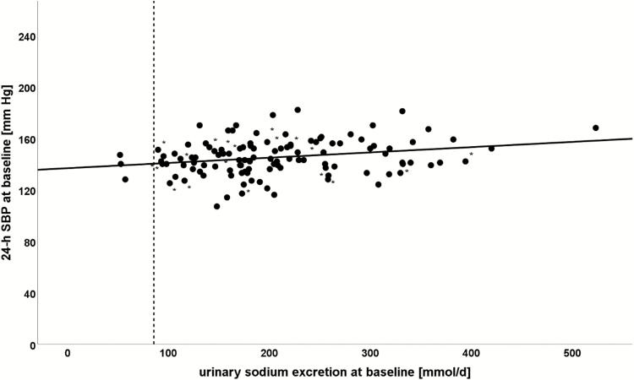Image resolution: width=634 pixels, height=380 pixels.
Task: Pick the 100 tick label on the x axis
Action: (x=167, y=352)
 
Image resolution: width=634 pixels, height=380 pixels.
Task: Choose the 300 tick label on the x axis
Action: (x=369, y=352)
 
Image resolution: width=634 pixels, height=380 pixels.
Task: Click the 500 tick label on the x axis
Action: (x=571, y=352)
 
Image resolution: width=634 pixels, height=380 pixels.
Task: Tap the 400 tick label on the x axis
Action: (x=471, y=352)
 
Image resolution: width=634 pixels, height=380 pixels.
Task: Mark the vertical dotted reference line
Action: (x=154, y=253)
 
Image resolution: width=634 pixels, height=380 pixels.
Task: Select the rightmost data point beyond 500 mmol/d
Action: (x=596, y=128)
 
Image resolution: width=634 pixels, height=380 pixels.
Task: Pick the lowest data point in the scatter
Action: (x=217, y=206)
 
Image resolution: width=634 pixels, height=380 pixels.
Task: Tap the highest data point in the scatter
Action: (x=298, y=110)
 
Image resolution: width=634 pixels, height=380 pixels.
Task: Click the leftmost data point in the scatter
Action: (x=120, y=155)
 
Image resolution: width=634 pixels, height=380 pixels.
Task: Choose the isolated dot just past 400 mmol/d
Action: (x=491, y=148)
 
